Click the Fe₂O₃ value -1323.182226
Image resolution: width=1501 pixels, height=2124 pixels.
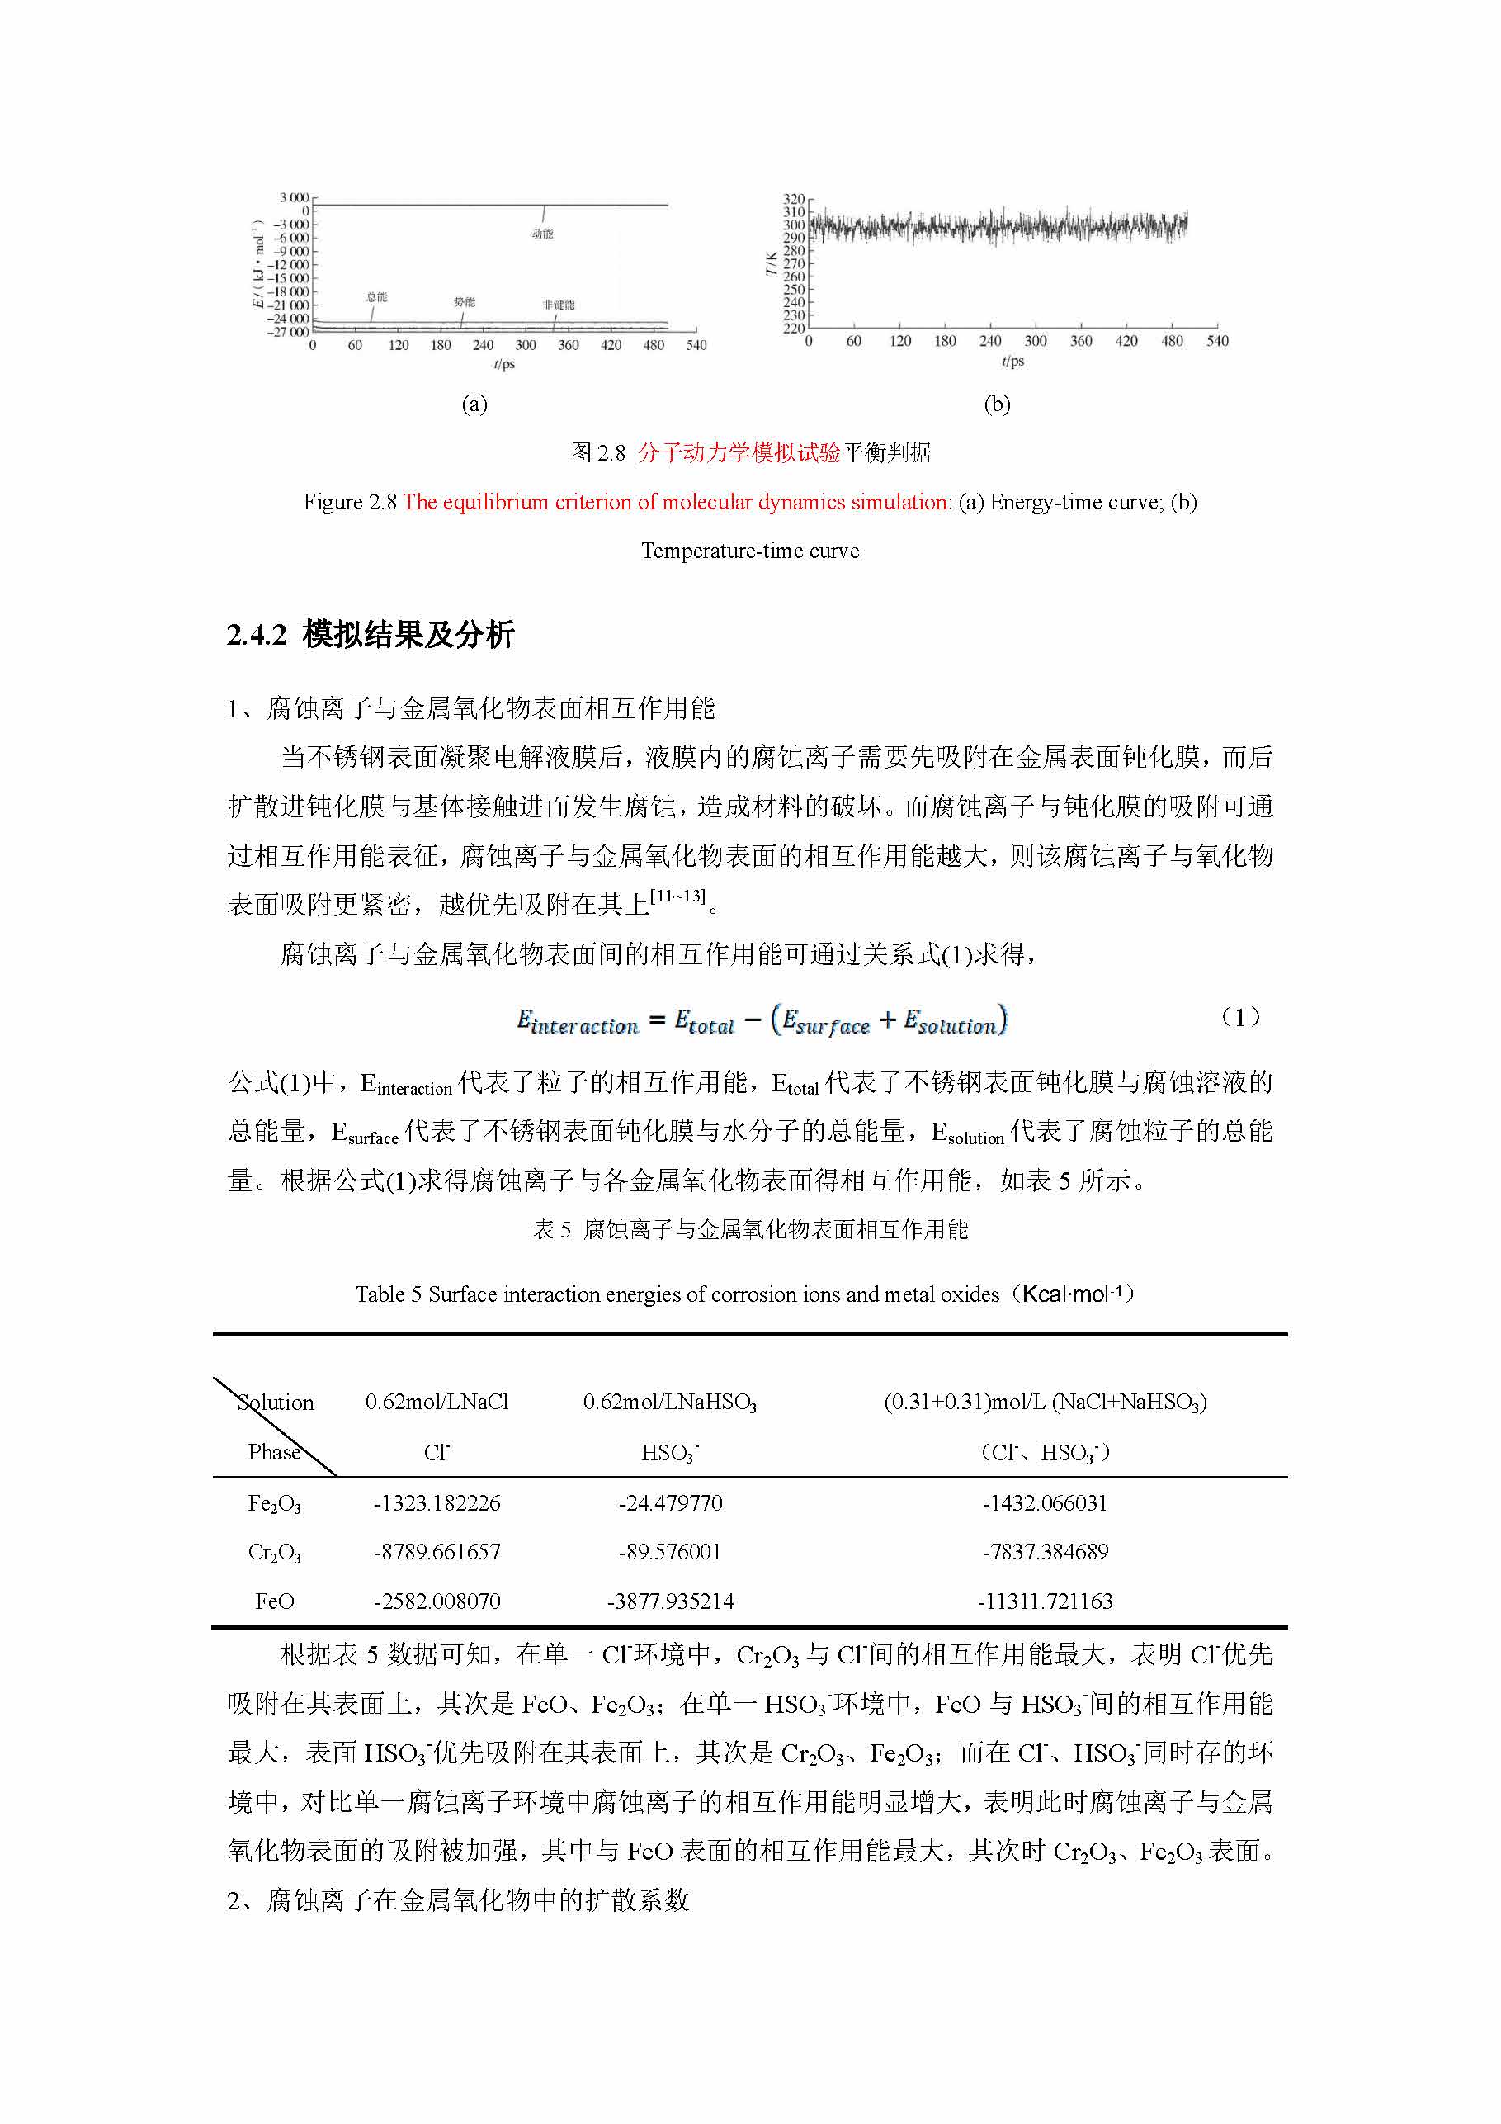pyautogui.click(x=437, y=1502)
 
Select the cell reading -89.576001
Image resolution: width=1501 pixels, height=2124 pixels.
pyautogui.click(x=669, y=1551)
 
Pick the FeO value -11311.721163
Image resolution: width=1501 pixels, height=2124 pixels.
pyautogui.click(x=1045, y=1601)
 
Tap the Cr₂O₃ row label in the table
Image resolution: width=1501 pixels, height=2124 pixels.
pyautogui.click(x=274, y=1552)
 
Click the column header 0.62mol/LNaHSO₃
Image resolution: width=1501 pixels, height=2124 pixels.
pyautogui.click(x=669, y=1403)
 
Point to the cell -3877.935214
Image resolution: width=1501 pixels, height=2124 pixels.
pyautogui.click(x=669, y=1601)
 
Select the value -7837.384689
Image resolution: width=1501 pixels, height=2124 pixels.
pyautogui.click(x=1045, y=1551)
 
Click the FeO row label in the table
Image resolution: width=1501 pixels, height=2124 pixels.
pyautogui.click(x=274, y=1601)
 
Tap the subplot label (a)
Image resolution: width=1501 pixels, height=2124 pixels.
pyautogui.click(x=474, y=404)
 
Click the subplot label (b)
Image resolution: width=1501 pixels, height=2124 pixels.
pyautogui.click(x=996, y=404)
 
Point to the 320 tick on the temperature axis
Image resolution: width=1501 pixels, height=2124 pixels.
pyautogui.click(x=794, y=199)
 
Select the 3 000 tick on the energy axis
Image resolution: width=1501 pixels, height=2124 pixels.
pyautogui.click(x=294, y=197)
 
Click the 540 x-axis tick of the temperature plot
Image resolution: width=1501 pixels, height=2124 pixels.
pyautogui.click(x=1217, y=342)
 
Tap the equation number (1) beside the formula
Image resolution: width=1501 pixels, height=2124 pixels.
pyautogui.click(x=1239, y=1018)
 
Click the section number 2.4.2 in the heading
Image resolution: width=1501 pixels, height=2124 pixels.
pyautogui.click(x=256, y=636)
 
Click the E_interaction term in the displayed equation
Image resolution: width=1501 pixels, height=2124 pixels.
pyautogui.click(x=577, y=1022)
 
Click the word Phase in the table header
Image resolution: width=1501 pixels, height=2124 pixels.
pyautogui.click(x=274, y=1452)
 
